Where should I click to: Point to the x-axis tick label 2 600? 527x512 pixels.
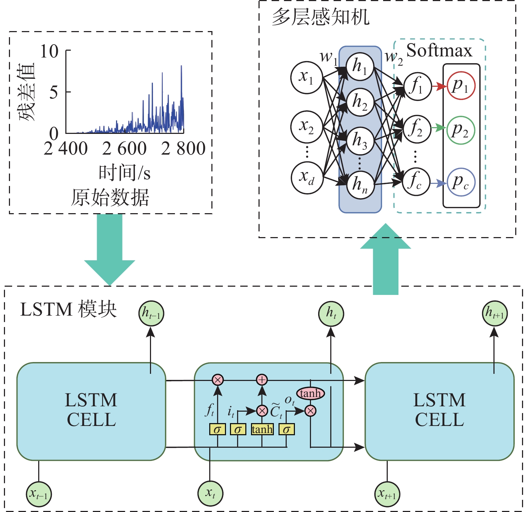pos(124,149)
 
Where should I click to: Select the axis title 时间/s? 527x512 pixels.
pos(124,173)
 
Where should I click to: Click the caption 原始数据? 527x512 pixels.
pos(110,197)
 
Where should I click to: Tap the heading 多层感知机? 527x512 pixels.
pos(320,17)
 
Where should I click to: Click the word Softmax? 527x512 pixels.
pos(439,50)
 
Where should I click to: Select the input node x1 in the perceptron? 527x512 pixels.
pos(307,77)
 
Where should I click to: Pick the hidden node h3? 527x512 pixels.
pos(360,141)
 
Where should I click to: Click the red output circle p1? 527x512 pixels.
pos(461,86)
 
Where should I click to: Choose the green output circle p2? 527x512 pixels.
pos(461,130)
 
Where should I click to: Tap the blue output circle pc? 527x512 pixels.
pos(461,182)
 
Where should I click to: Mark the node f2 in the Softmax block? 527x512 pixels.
pos(416,129)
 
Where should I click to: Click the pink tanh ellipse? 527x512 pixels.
pos(310,393)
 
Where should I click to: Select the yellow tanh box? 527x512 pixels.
pos(262,429)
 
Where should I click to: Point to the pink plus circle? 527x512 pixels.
pos(262,380)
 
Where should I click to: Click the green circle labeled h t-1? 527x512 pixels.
pos(151,313)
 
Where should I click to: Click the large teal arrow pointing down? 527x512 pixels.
pos(110,250)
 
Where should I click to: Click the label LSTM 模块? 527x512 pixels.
pos(68,309)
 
